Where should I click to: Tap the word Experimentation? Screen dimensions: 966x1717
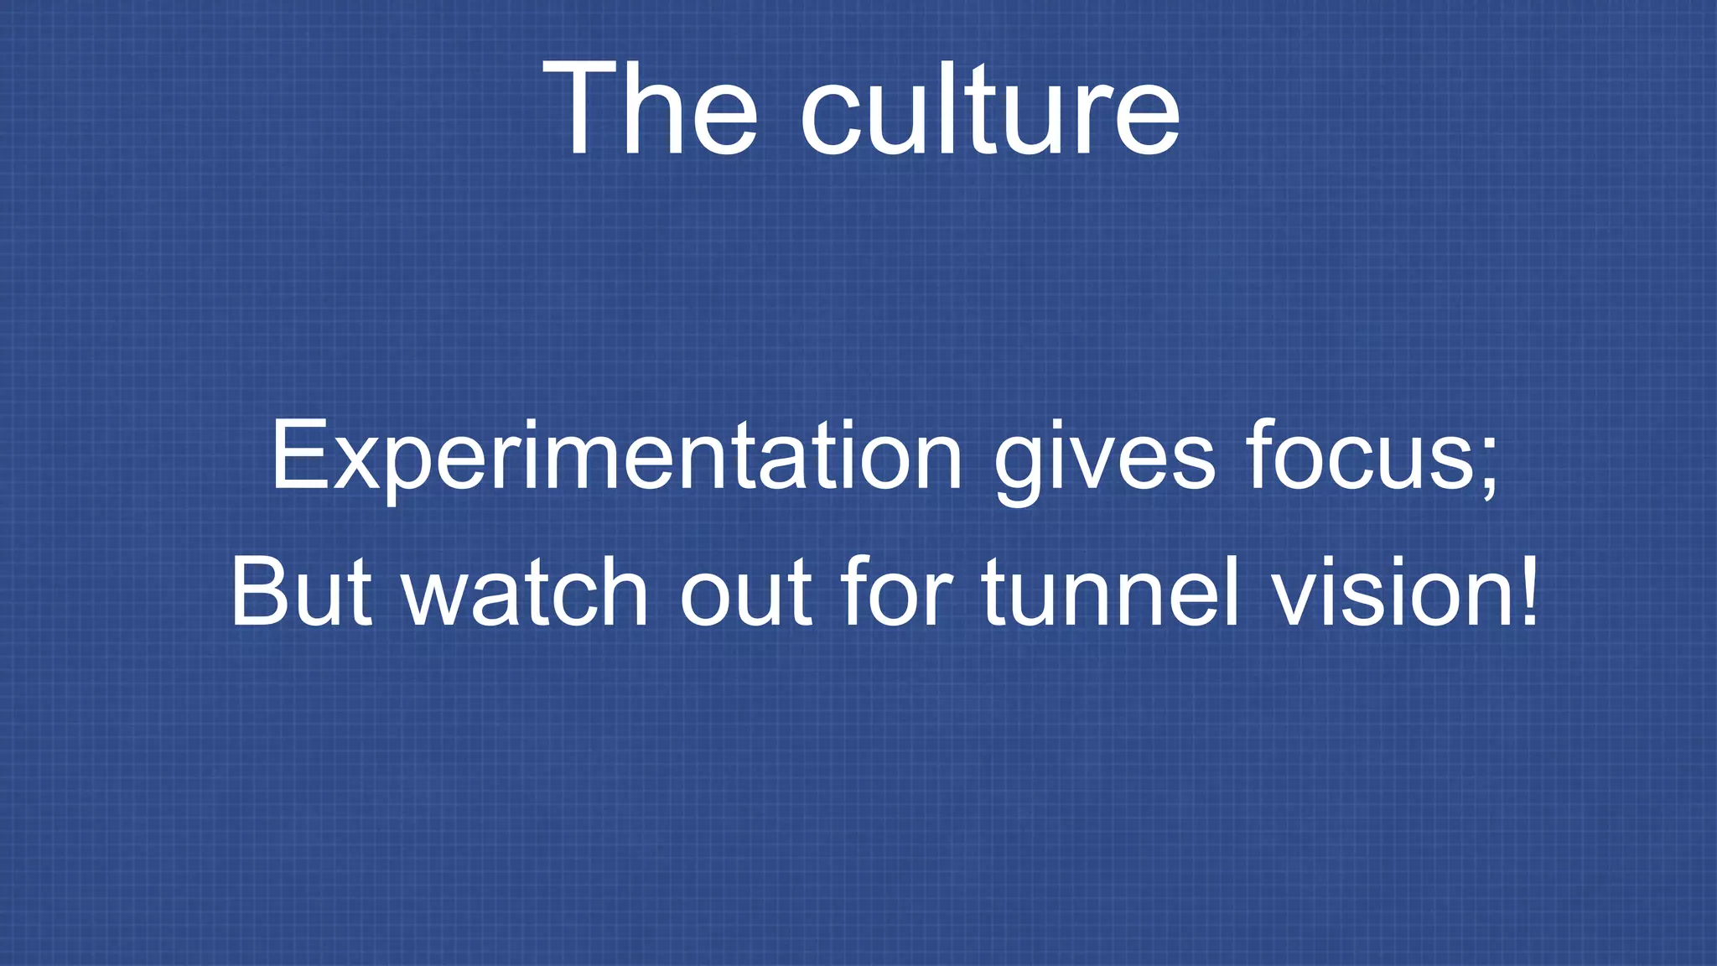(616, 457)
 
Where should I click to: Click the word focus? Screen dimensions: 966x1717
(1358, 457)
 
